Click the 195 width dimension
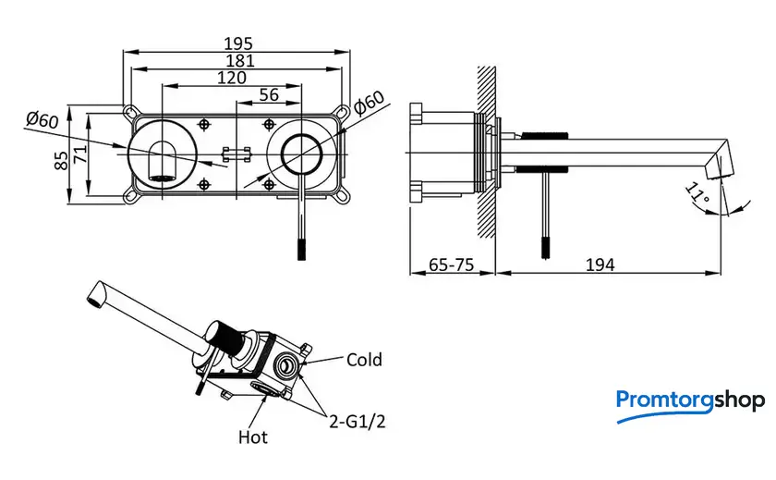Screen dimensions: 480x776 coord(237,43)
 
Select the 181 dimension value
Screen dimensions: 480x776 coord(237,60)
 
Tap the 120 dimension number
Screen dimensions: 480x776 coord(231,78)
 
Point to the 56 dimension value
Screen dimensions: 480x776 coord(269,94)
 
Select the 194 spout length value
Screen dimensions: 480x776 coord(600,265)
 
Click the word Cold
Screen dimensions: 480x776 coord(364,360)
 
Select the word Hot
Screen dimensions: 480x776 coord(253,436)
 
